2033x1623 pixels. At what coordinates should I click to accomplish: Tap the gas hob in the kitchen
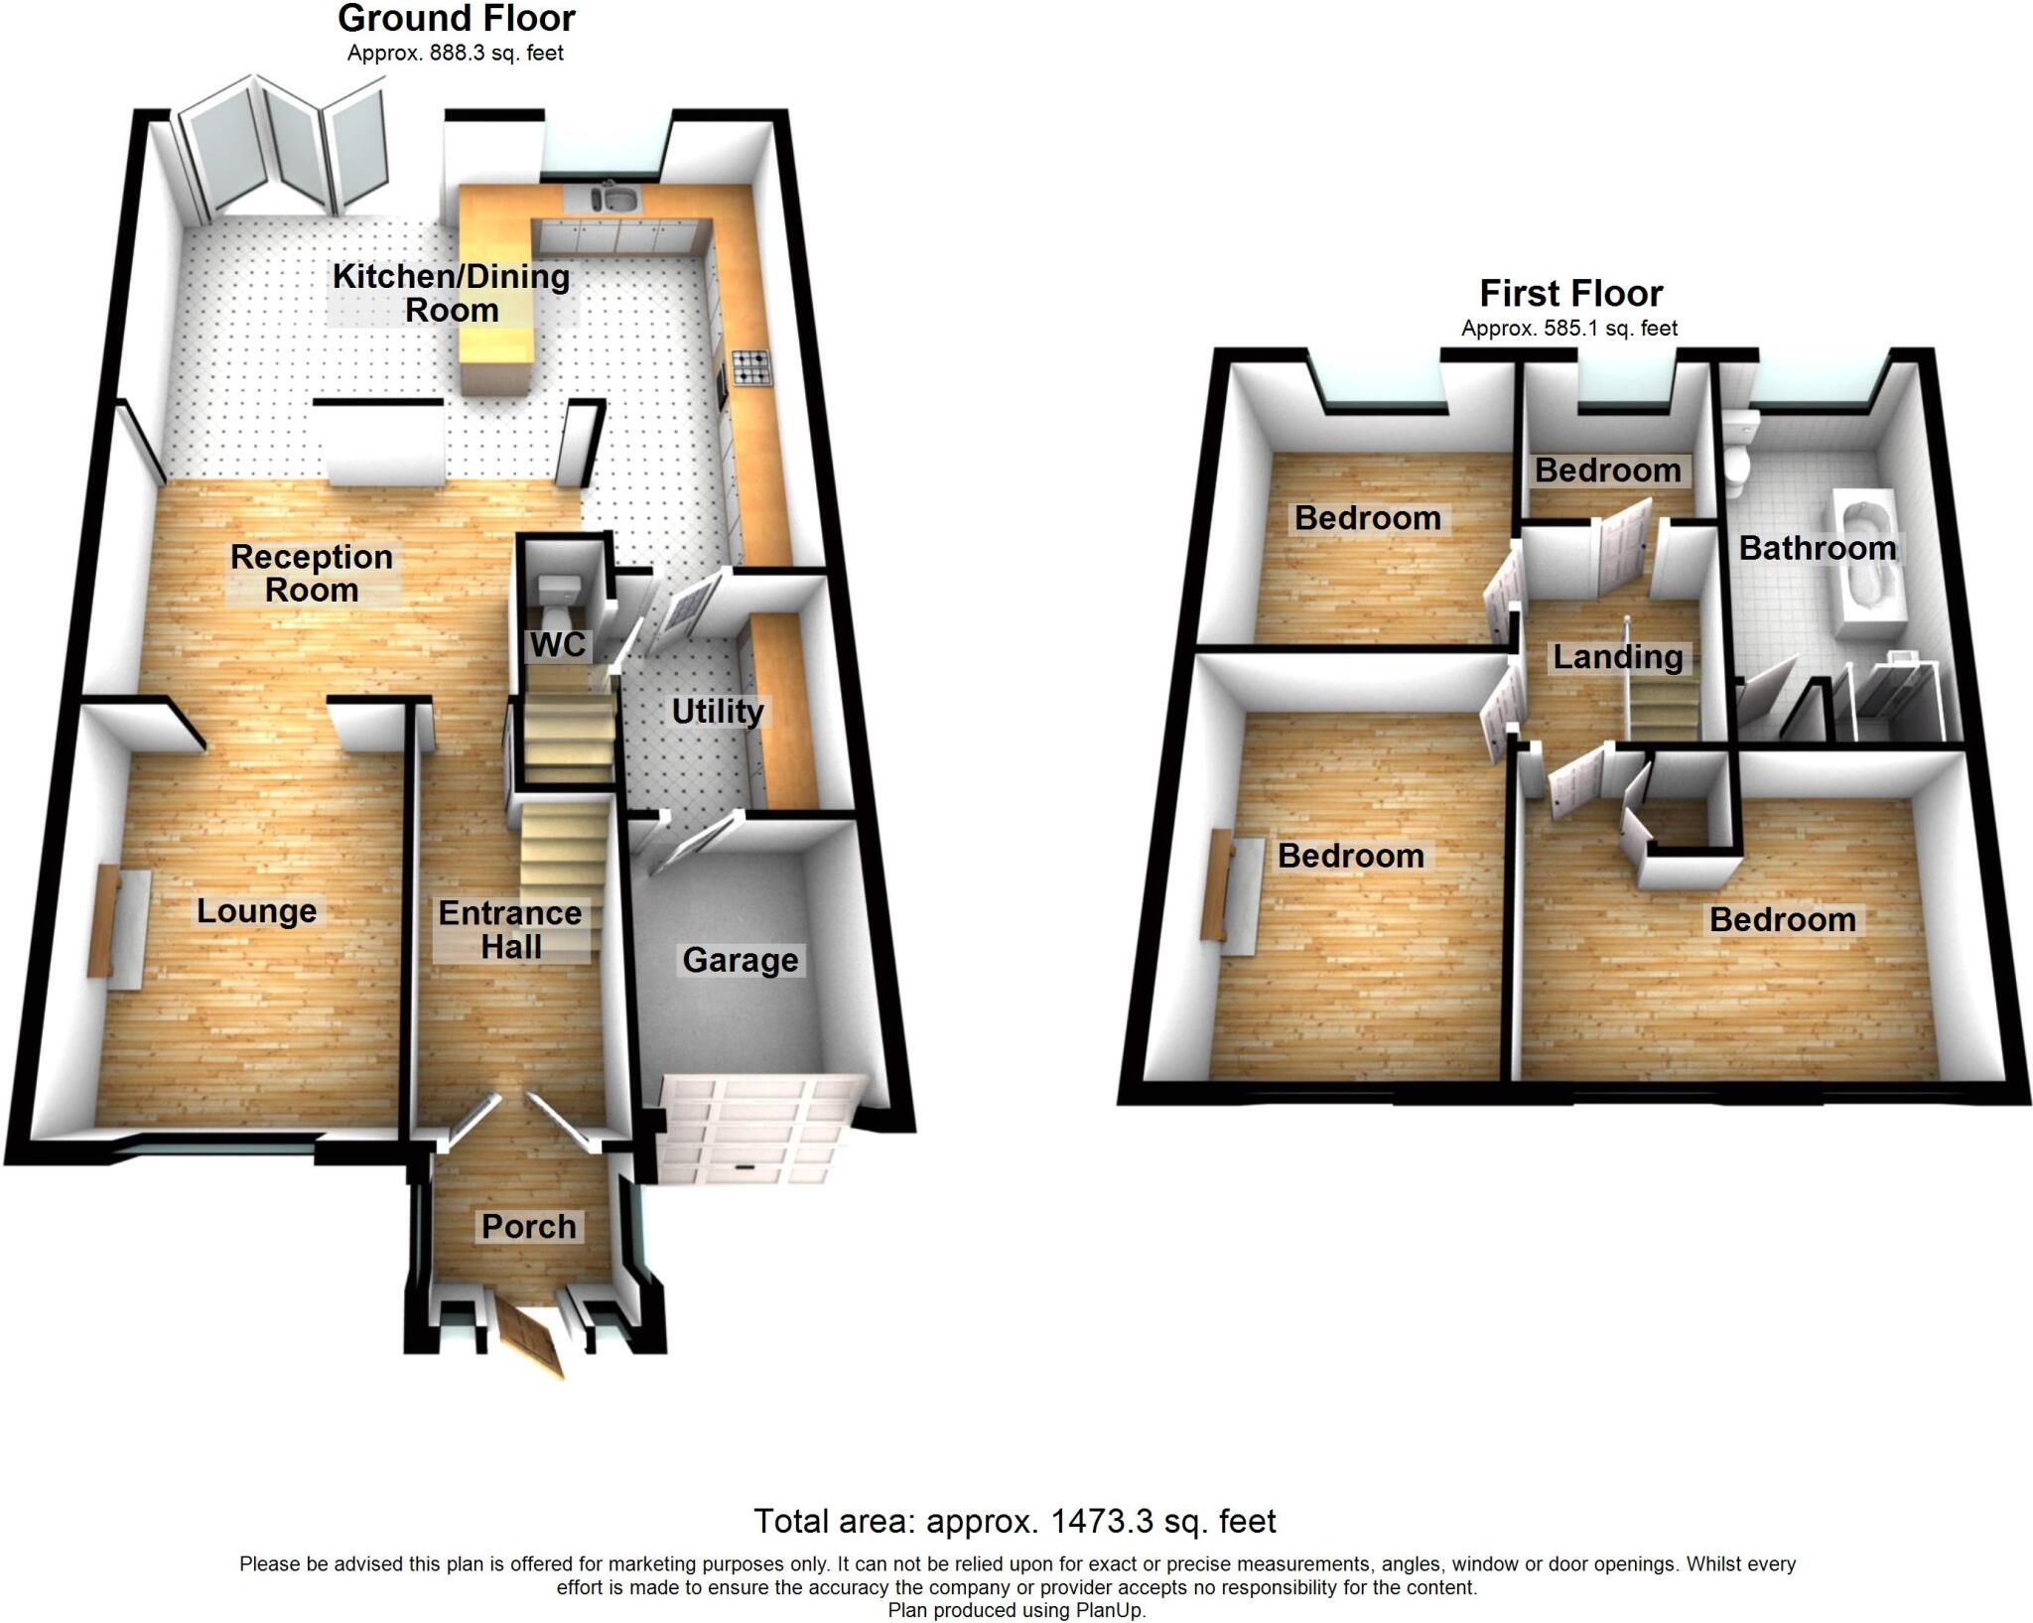click(749, 367)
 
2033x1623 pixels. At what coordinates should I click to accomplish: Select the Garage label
click(741, 960)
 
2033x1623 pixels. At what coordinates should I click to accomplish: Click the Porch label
click(529, 1226)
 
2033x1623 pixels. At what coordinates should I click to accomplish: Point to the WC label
click(557, 644)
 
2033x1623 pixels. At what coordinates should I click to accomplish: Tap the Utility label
click(718, 711)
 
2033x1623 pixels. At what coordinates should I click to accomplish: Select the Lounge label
click(257, 910)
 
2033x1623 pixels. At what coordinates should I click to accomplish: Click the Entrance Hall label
click(510, 929)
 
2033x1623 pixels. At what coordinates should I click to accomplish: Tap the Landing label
click(1618, 656)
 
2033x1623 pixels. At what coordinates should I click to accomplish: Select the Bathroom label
click(1818, 548)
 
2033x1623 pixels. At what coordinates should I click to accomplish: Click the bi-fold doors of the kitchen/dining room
click(283, 149)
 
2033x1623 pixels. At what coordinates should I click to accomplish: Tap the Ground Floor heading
click(457, 19)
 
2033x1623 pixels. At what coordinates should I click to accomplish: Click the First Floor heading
click(1570, 294)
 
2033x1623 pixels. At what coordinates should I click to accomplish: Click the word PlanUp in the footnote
click(1110, 1610)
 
